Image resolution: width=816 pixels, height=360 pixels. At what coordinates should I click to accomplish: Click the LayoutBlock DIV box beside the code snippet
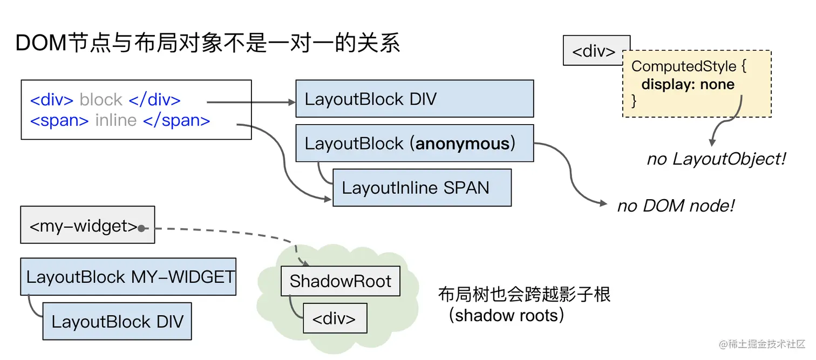(414, 99)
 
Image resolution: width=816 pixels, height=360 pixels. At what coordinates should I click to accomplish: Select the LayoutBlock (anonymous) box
(414, 144)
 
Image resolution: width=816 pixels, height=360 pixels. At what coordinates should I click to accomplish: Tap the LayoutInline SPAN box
(421, 188)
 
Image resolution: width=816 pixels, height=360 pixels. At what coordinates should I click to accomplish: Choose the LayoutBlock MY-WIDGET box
(128, 277)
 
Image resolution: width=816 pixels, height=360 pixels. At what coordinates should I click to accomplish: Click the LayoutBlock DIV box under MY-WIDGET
(117, 322)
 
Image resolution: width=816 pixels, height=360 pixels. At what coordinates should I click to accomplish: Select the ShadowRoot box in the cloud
(340, 281)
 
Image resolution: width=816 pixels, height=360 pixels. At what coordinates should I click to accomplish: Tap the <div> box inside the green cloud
(335, 318)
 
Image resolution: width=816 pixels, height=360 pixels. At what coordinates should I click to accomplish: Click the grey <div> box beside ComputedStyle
(593, 51)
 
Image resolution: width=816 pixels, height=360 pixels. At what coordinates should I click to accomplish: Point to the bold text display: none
(688, 84)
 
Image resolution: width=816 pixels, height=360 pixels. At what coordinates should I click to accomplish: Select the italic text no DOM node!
(676, 206)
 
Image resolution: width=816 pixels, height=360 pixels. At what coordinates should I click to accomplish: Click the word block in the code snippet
(101, 100)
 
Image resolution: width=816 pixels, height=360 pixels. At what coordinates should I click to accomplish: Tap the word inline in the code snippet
(115, 120)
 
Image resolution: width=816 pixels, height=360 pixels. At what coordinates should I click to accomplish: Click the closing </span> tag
(176, 120)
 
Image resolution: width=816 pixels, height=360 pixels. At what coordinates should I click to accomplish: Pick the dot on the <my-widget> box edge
(141, 228)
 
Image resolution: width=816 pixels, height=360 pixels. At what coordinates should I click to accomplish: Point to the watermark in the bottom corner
(761, 344)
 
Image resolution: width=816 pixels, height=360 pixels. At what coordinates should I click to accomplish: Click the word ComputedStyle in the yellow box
(684, 66)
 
